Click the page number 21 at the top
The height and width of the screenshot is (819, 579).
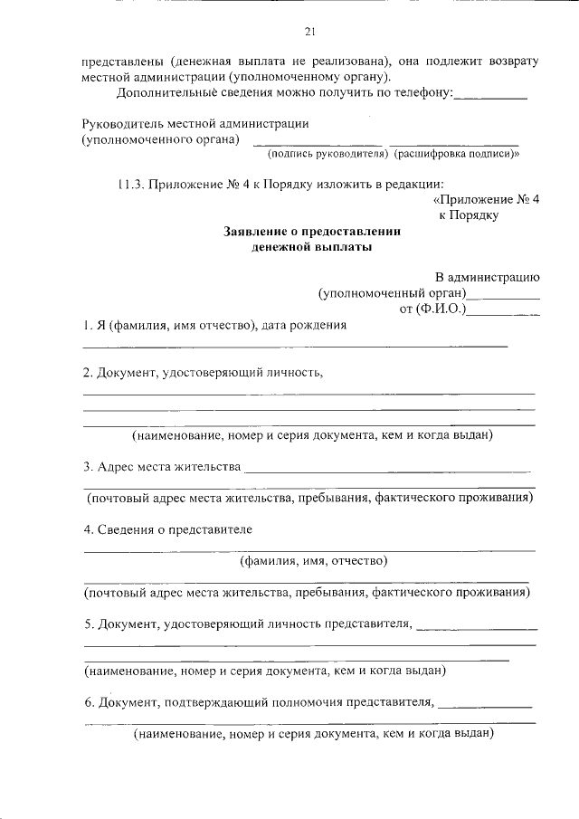(308, 33)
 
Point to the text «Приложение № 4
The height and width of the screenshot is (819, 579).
(486, 200)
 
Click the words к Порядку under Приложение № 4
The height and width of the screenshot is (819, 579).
(469, 215)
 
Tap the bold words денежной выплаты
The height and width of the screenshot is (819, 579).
(311, 246)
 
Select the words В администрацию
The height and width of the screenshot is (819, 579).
(488, 277)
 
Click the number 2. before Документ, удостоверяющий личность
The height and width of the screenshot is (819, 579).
(88, 372)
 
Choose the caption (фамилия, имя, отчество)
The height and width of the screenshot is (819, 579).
(313, 561)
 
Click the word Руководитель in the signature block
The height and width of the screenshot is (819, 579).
(119, 123)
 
